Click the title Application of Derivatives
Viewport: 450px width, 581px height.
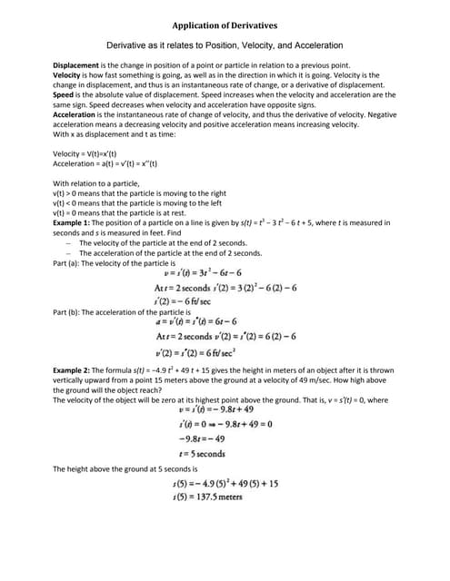click(x=225, y=25)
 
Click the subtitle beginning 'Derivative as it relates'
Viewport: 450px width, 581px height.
click(x=225, y=44)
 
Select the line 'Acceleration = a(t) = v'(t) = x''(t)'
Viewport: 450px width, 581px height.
click(x=105, y=163)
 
